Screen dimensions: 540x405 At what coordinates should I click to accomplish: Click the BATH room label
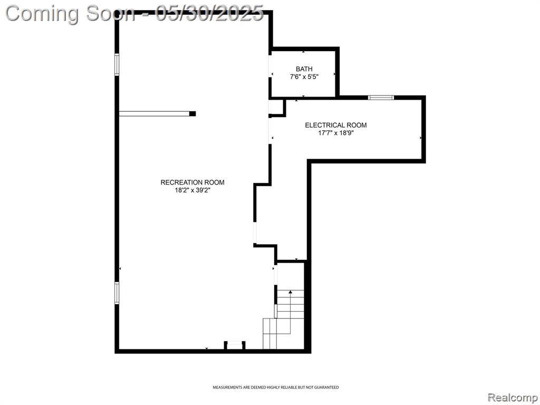pyautogui.click(x=304, y=69)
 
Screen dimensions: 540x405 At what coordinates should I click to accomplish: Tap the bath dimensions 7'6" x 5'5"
pyautogui.click(x=304, y=77)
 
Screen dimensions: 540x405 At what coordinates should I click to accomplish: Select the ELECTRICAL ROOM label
pyautogui.click(x=336, y=126)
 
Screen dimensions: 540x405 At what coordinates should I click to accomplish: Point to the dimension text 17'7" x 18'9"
pyautogui.click(x=336, y=133)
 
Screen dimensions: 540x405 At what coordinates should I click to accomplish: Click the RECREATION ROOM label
pyautogui.click(x=192, y=182)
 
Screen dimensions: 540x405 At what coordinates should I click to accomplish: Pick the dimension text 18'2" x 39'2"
pyautogui.click(x=192, y=190)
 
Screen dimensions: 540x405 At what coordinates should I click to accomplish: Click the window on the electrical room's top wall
pyautogui.click(x=381, y=98)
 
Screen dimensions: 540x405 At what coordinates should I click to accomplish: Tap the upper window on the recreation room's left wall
pyautogui.click(x=117, y=64)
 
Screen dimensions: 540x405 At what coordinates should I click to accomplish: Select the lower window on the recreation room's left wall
pyautogui.click(x=117, y=293)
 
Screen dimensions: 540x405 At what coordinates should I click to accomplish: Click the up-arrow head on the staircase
pyautogui.click(x=291, y=292)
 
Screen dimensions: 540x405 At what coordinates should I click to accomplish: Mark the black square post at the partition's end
pyautogui.click(x=192, y=114)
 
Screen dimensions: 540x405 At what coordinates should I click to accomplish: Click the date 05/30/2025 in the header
pyautogui.click(x=209, y=14)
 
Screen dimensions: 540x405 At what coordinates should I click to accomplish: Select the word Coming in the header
pyautogui.click(x=43, y=14)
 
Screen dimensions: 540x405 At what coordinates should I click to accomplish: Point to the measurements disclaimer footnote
pyautogui.click(x=275, y=388)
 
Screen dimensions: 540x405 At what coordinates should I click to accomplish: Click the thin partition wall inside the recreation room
pyautogui.click(x=155, y=114)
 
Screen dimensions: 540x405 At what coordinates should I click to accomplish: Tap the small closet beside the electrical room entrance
pyautogui.click(x=276, y=107)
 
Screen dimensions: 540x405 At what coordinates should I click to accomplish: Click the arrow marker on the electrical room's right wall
pyautogui.click(x=420, y=138)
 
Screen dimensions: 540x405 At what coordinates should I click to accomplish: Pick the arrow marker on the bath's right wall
pyautogui.click(x=334, y=74)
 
